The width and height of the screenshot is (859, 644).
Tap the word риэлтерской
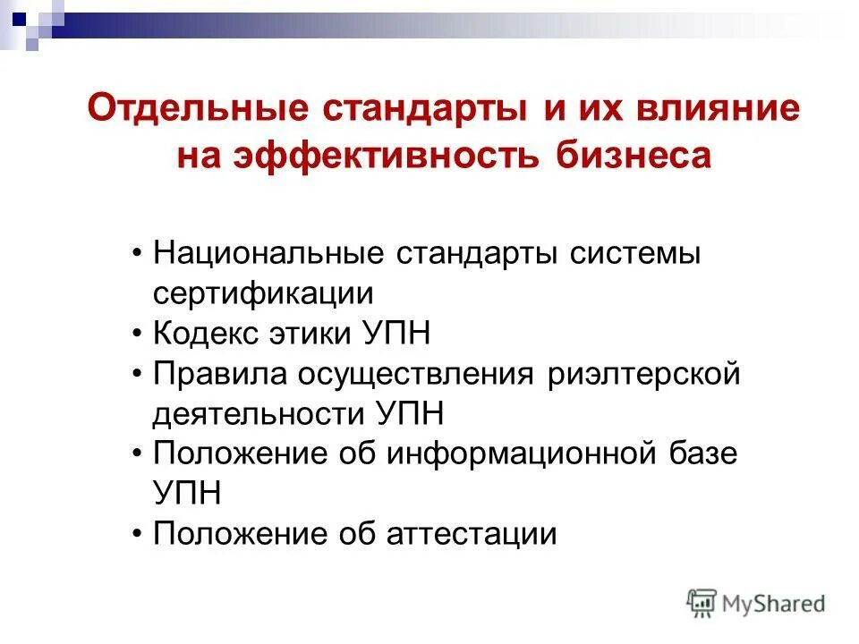pyautogui.click(x=643, y=374)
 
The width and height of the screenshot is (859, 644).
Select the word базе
pyautogui.click(x=701, y=454)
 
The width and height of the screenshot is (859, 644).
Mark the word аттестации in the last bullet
pyautogui.click(x=472, y=535)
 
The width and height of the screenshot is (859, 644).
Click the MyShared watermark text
pyautogui.click(x=774, y=604)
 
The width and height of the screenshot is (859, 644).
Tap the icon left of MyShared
pyautogui.click(x=702, y=604)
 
